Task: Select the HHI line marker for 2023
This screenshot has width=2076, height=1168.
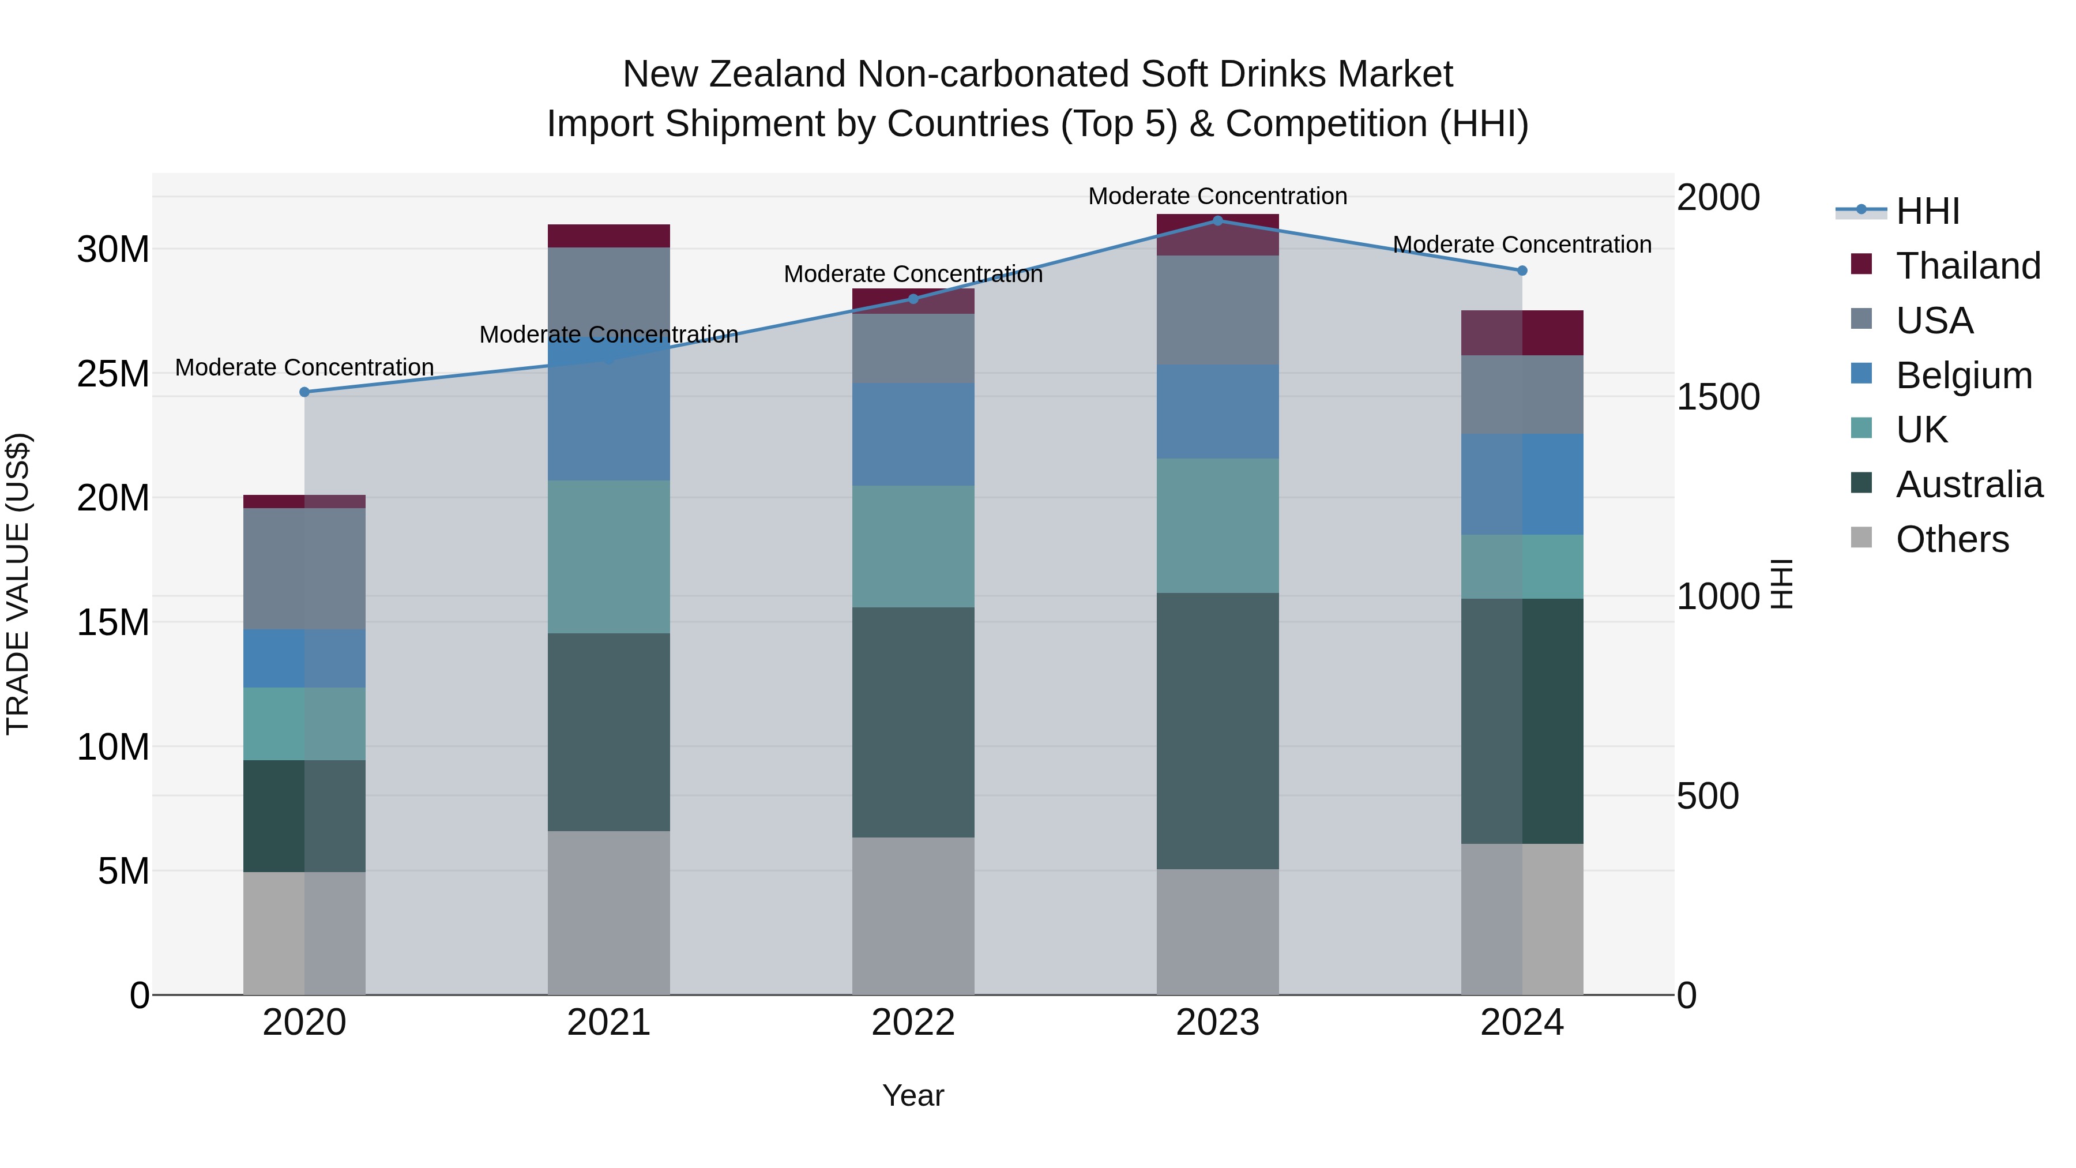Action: pyautogui.click(x=1218, y=221)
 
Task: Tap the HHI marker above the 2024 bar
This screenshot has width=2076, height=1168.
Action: pyautogui.click(x=1522, y=271)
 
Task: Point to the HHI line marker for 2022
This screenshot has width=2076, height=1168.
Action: pyautogui.click(x=913, y=299)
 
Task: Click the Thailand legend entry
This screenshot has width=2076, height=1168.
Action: pyautogui.click(x=1967, y=266)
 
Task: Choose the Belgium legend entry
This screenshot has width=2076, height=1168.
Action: pyautogui.click(x=1963, y=375)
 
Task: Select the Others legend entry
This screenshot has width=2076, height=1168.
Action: pyautogui.click(x=1952, y=539)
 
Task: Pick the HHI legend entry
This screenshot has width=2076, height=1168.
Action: pyautogui.click(x=1927, y=211)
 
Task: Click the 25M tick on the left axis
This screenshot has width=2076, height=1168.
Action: pyautogui.click(x=113, y=374)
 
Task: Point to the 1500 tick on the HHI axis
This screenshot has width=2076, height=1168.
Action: pyautogui.click(x=1718, y=397)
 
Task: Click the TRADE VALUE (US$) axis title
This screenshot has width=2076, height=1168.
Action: pyautogui.click(x=18, y=584)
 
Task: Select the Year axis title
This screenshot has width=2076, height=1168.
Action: pyautogui.click(x=913, y=1095)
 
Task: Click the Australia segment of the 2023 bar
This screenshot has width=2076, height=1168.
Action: pyautogui.click(x=1218, y=731)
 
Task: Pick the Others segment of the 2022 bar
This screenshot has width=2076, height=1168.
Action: pyautogui.click(x=913, y=916)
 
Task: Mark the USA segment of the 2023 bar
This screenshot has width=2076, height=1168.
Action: pyautogui.click(x=1218, y=310)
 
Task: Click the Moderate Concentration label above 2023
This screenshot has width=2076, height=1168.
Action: pyautogui.click(x=1218, y=196)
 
